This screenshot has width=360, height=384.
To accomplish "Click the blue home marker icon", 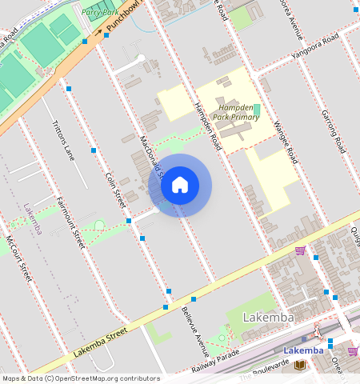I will coord(180,186).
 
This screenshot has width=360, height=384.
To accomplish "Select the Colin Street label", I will coord(116,186).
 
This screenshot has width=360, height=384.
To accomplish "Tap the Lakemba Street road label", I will coord(100,342).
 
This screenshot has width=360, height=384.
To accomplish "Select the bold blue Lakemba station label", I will coord(304,350).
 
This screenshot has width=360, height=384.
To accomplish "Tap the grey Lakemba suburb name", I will coord(267,318).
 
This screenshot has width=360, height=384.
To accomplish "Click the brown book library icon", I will coord(299,366).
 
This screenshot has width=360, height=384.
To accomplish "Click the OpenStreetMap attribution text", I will coord(80,378).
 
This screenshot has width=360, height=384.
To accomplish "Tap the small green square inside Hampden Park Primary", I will coord(258,109).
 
